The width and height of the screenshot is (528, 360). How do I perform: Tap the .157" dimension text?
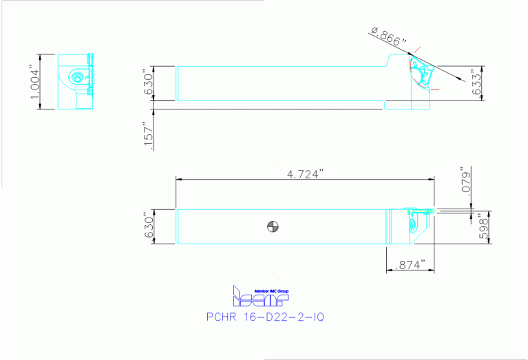click(x=145, y=136)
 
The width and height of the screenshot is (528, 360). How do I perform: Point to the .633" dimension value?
click(x=476, y=83)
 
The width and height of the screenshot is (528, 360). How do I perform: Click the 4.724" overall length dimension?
click(x=305, y=174)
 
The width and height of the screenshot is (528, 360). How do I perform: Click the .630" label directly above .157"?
click(x=145, y=83)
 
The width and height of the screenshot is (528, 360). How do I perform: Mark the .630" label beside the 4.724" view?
click(x=145, y=226)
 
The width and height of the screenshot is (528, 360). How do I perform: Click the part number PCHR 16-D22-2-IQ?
click(x=264, y=317)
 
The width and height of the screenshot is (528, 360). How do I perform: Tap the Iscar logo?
click(x=261, y=297)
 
